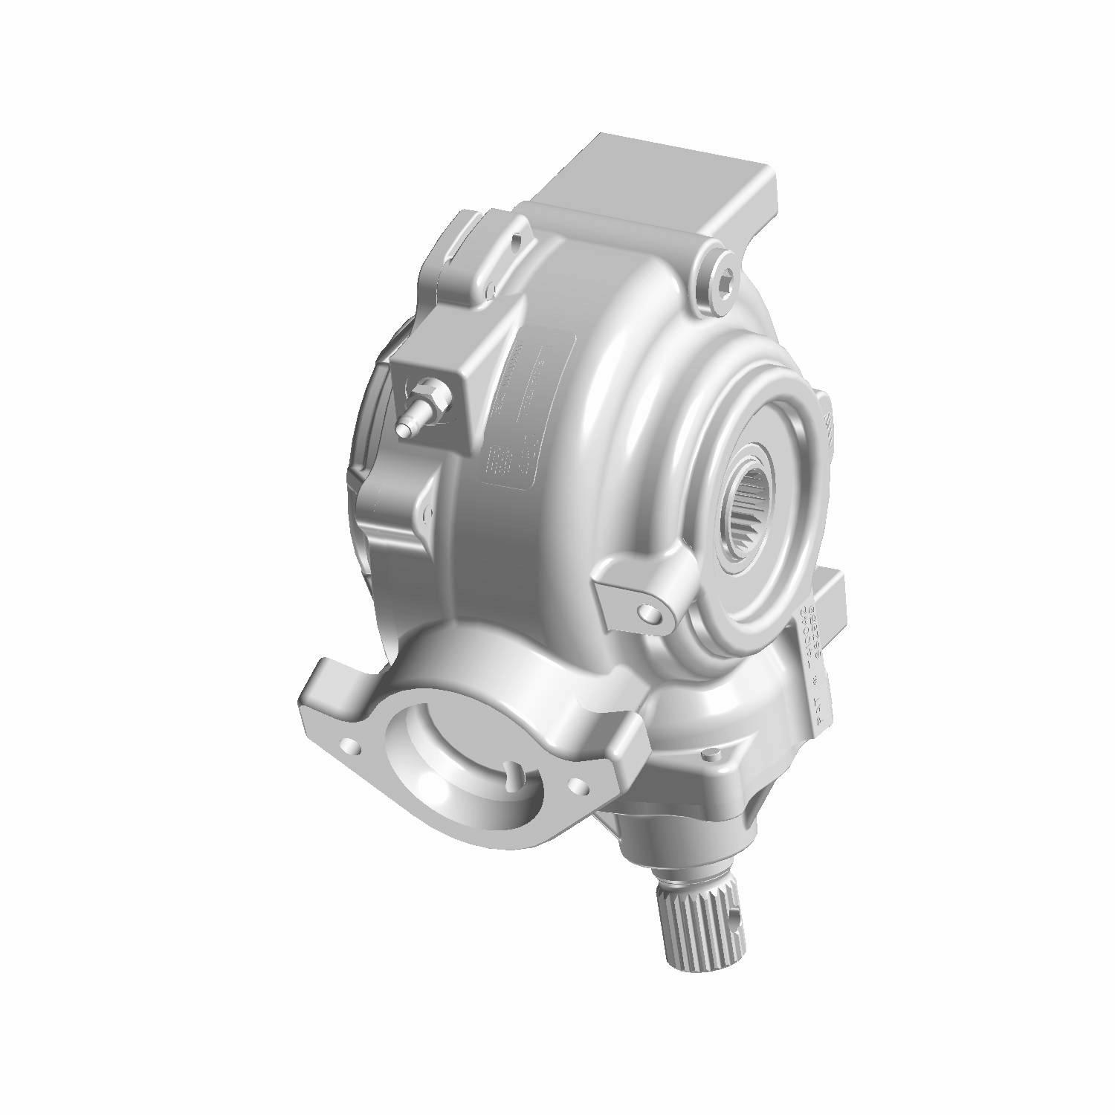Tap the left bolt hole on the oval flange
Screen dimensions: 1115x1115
point(347,743)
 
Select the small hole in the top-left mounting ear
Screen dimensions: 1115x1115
point(515,239)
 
